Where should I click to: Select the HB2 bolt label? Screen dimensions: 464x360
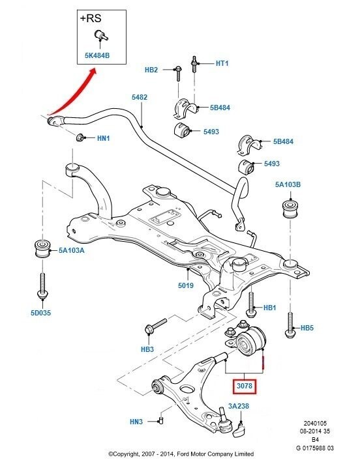coord(151,69)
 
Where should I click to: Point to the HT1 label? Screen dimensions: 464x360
coord(224,64)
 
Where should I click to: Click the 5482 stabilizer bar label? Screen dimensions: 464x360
coord(140,97)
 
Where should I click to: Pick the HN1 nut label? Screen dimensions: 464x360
coord(104,138)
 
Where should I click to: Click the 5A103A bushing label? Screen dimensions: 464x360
coord(72,249)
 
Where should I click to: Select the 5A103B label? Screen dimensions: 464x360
coord(288,184)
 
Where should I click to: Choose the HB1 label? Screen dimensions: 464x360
coord(270,308)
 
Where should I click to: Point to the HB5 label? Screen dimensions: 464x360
coord(308,328)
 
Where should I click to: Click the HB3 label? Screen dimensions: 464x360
coord(147,349)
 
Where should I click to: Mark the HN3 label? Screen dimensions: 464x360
coord(136,422)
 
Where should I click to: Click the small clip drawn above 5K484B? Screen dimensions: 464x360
coord(100,35)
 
